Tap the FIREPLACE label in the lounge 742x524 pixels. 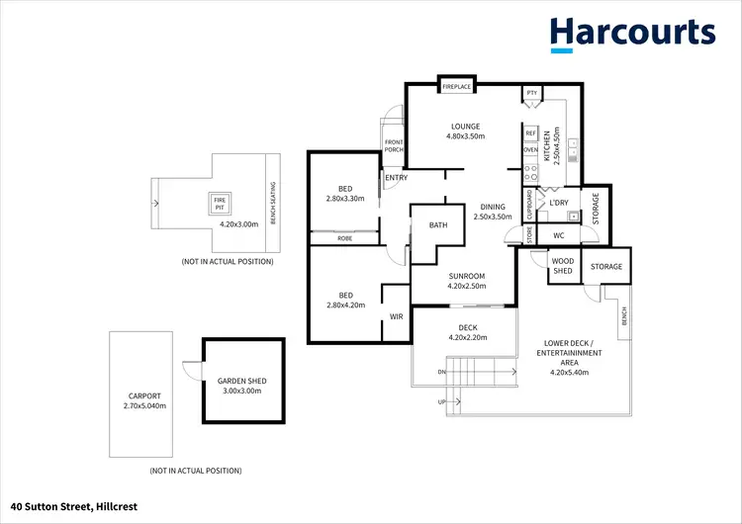[x=457, y=87]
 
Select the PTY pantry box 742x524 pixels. [x=531, y=93]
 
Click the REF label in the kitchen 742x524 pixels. [x=530, y=132]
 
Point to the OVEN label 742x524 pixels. [x=530, y=150]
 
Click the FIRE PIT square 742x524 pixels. [x=220, y=204]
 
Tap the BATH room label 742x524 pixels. [x=438, y=224]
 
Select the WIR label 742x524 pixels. [x=397, y=317]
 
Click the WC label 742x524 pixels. [x=558, y=235]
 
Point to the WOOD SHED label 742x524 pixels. [x=562, y=266]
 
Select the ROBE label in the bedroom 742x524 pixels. [x=344, y=238]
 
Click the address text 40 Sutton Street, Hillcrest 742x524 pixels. [x=74, y=506]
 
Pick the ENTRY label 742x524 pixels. [x=397, y=178]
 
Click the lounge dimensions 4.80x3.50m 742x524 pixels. [x=465, y=136]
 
